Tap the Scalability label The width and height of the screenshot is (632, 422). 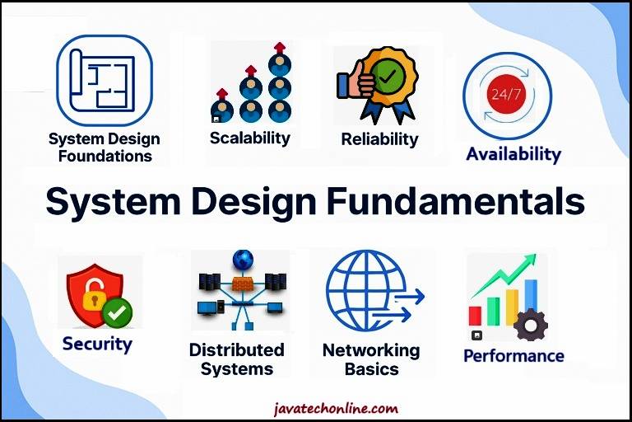(x=249, y=138)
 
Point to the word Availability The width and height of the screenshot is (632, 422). (x=513, y=154)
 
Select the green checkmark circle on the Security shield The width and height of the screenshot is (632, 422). (x=117, y=312)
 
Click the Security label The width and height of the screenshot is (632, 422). (x=97, y=344)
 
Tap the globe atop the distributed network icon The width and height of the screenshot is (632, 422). (x=243, y=261)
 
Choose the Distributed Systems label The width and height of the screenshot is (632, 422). (x=236, y=359)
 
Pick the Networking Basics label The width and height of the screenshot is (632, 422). (x=371, y=359)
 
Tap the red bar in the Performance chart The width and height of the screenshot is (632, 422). (x=476, y=315)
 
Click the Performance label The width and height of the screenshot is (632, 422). (x=513, y=356)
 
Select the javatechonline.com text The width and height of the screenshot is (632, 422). (x=337, y=408)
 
